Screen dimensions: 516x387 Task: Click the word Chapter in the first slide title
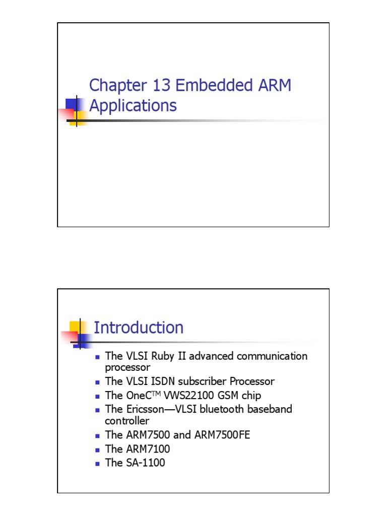click(114, 86)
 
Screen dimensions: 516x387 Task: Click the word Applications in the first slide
click(133, 105)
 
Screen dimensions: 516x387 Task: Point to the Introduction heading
click(139, 328)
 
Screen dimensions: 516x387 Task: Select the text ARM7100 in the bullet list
click(147, 448)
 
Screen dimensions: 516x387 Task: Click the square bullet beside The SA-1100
click(98, 463)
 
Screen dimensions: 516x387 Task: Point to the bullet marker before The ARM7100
click(98, 449)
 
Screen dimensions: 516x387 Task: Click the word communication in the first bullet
click(273, 356)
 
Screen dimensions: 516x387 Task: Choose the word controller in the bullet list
click(127, 420)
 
